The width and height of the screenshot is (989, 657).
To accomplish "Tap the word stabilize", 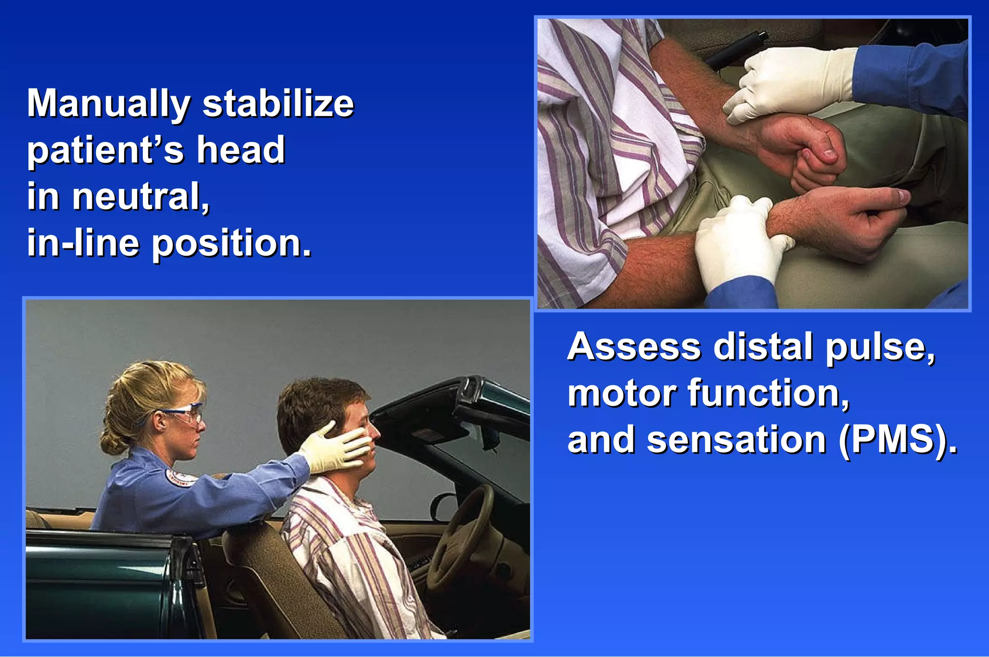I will (278, 104).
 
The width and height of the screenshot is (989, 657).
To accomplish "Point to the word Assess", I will (634, 347).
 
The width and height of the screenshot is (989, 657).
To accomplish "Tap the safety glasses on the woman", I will (186, 414).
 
